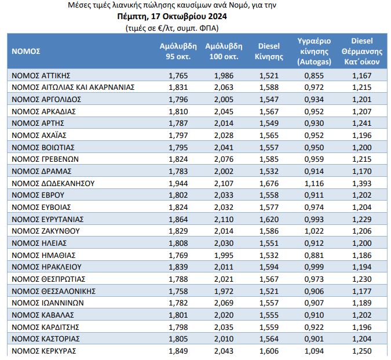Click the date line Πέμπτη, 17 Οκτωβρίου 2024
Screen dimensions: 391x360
[172, 16]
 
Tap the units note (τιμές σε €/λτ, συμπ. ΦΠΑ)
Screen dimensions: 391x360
[172, 28]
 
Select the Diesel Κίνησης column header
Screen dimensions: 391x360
[269, 52]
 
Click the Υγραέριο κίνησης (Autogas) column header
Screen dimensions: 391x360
[314, 52]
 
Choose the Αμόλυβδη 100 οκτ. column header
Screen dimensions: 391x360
[224, 52]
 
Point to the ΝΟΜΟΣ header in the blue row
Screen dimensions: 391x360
[26, 52]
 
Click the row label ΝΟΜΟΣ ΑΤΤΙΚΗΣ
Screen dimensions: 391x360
[41, 75]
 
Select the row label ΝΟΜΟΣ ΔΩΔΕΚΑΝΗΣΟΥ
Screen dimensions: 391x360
[53, 183]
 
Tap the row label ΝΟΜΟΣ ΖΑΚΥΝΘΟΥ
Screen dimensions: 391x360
[46, 231]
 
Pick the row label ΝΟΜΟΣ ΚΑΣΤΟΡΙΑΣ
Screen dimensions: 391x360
[46, 339]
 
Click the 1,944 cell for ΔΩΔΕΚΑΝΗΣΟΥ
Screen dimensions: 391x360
[178, 183]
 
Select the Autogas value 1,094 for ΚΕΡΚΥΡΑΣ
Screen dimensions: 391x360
[314, 351]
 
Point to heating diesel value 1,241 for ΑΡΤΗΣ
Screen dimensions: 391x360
[362, 123]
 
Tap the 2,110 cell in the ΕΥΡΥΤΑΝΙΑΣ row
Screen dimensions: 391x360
[224, 219]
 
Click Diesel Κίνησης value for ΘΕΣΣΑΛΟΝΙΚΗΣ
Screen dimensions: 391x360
[269, 291]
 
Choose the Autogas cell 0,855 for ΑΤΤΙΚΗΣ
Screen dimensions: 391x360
[314, 75]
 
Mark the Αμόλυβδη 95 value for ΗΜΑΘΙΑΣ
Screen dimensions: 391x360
[178, 255]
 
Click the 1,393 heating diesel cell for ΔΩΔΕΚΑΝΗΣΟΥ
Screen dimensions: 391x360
[362, 183]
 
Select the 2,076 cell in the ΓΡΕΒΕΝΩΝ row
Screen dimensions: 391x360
[224, 159]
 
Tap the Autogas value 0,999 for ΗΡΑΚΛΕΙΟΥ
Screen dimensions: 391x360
[314, 267]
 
